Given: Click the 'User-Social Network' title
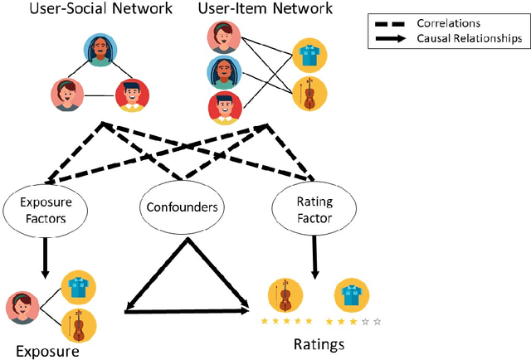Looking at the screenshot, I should (101, 10).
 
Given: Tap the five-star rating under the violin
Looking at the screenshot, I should (286, 320).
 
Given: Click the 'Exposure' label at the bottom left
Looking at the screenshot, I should (46, 350).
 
